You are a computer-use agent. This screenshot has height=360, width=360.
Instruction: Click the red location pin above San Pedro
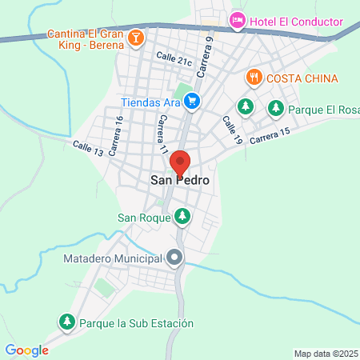(180, 162)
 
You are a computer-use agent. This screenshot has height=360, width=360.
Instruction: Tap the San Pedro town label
(180, 182)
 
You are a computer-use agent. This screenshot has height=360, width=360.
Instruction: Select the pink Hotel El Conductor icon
(237, 20)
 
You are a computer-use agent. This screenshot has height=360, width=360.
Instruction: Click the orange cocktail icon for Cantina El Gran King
(137, 36)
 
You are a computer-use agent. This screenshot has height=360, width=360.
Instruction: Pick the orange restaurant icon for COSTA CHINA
(254, 78)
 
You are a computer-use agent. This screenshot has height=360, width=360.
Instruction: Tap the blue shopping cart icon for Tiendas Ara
(191, 101)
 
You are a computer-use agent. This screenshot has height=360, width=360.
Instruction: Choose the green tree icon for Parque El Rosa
(276, 106)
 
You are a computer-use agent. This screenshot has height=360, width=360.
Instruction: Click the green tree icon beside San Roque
(183, 216)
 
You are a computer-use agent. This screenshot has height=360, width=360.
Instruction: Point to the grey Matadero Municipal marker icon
(175, 258)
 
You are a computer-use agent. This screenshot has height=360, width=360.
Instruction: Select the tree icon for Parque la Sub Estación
(66, 322)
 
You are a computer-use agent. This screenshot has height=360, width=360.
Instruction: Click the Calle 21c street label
(174, 61)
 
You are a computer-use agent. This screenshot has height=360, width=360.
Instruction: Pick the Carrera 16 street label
(115, 134)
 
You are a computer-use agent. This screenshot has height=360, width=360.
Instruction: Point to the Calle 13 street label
(88, 148)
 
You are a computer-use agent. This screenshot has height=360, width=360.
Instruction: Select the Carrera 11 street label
(162, 134)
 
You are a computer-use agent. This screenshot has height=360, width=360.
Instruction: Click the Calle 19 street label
(232, 130)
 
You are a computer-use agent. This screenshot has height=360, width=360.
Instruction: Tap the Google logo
(26, 350)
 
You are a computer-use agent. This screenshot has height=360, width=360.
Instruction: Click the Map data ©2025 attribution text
(326, 354)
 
